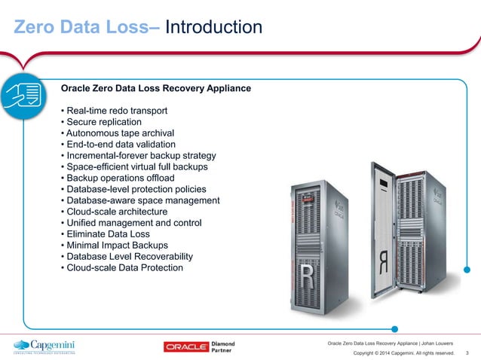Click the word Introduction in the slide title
click(x=213, y=28)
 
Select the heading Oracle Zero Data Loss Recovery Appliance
click(x=155, y=89)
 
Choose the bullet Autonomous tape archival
click(x=118, y=133)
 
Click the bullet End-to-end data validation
click(x=121, y=144)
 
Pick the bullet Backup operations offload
click(x=120, y=178)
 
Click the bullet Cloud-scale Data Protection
click(x=124, y=267)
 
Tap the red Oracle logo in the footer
click(x=189, y=346)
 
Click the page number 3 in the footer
click(x=468, y=352)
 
